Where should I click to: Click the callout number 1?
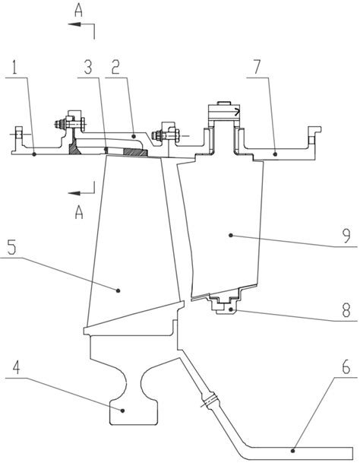coord(15,68)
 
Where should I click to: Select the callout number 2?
coord(115,68)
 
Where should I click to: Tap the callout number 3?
coord(88,68)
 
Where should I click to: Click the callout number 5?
coord(12,249)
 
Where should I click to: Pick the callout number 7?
coord(257,68)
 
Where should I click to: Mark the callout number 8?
coord(346,310)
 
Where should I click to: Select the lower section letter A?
coord(79,213)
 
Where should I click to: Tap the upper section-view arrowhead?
coord(74,24)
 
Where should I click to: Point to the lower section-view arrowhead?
coord(74,193)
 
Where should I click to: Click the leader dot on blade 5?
coord(118,290)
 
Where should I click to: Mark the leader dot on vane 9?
coord(231,236)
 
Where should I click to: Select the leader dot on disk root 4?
coord(123,411)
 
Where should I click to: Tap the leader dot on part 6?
coord(292,451)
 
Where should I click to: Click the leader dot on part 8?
coord(232,309)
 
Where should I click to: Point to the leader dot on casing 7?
coord(275,154)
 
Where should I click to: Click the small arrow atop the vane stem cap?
coord(237,113)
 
